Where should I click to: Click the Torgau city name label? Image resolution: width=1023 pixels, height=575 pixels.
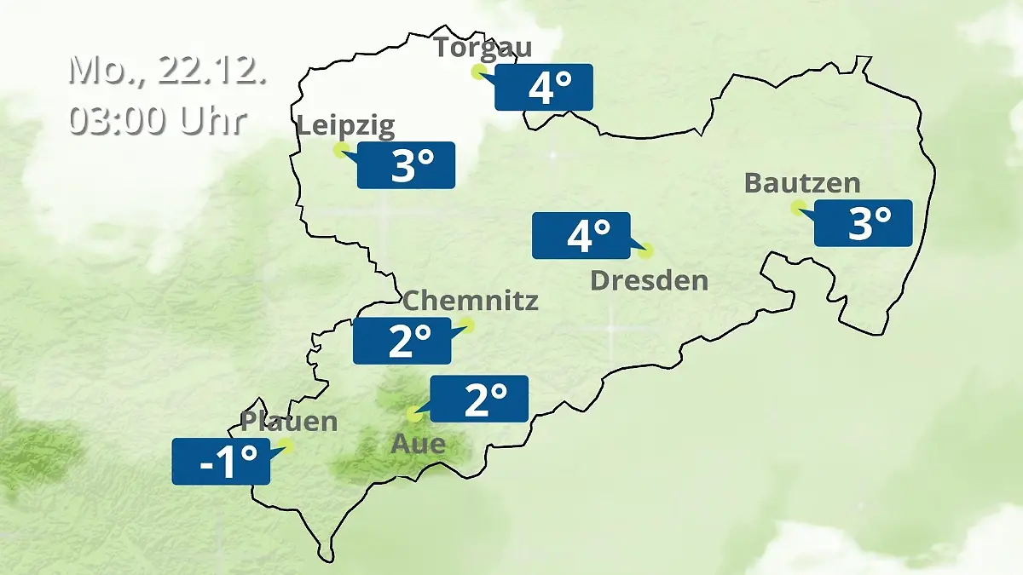pyautogui.click(x=483, y=47)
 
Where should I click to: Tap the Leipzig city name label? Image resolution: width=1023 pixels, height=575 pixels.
pyautogui.click(x=346, y=126)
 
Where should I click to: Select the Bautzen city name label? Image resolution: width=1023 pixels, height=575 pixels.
pyautogui.click(x=802, y=182)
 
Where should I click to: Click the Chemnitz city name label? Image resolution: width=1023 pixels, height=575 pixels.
pyautogui.click(x=471, y=300)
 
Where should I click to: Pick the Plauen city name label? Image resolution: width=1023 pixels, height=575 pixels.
pyautogui.click(x=289, y=421)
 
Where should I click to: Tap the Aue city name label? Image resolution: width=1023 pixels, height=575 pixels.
pyautogui.click(x=418, y=443)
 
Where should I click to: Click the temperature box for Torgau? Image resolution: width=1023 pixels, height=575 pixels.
pyautogui.click(x=544, y=87)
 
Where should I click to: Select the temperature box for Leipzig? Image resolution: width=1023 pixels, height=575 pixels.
pyautogui.click(x=406, y=165)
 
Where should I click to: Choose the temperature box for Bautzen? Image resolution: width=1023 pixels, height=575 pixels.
pyautogui.click(x=863, y=223)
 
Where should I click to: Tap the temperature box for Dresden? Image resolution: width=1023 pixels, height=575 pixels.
pyautogui.click(x=581, y=235)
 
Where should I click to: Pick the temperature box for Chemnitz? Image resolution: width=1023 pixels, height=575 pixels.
pyautogui.click(x=403, y=341)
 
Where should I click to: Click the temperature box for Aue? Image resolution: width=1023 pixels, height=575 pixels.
pyautogui.click(x=479, y=399)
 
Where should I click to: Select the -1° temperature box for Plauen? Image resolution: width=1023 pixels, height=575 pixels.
pyautogui.click(x=222, y=462)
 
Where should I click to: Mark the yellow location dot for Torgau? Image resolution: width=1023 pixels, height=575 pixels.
pyautogui.click(x=478, y=72)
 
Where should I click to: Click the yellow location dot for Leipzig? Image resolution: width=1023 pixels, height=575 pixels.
pyautogui.click(x=340, y=150)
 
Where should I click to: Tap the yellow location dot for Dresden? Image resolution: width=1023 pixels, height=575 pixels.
pyautogui.click(x=645, y=250)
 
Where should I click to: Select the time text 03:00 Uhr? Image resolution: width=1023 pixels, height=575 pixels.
pyautogui.click(x=158, y=119)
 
